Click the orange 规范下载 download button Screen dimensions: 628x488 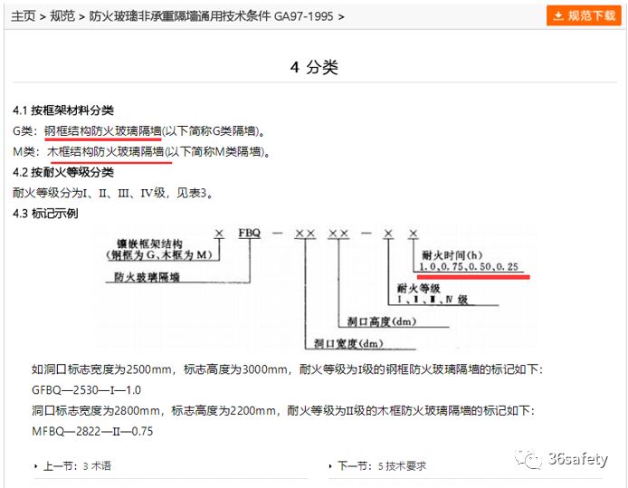pos(584,15)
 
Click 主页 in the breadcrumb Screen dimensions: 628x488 pos(24,17)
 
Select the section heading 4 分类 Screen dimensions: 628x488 pos(313,68)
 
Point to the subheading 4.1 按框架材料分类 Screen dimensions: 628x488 pos(63,110)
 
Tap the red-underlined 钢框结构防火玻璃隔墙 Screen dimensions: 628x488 pos(103,131)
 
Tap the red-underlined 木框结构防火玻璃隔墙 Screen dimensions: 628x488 pos(105,152)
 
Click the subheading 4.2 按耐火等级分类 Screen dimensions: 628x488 pos(63,172)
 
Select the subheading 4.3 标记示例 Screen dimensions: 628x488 pos(45,214)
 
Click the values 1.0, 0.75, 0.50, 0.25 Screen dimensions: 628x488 pos(470,268)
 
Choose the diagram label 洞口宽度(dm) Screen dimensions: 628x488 pos(347,343)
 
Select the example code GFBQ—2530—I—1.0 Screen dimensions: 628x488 pos(86,390)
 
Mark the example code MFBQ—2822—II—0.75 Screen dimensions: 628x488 pos(92,431)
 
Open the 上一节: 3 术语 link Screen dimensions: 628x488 pos(77,466)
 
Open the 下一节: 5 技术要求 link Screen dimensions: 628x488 pos(381,466)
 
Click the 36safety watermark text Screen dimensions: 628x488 pos(578,459)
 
